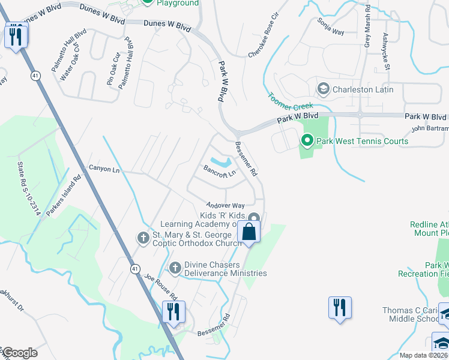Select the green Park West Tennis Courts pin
point(307,142)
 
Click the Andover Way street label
point(226,205)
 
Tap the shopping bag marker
point(249,231)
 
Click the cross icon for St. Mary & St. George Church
point(143,238)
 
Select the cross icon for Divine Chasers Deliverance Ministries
point(175,268)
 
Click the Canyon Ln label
point(104,169)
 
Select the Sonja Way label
point(331,26)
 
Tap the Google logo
point(20,353)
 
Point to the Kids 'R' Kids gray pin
point(254,218)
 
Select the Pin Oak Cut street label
point(112,70)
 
